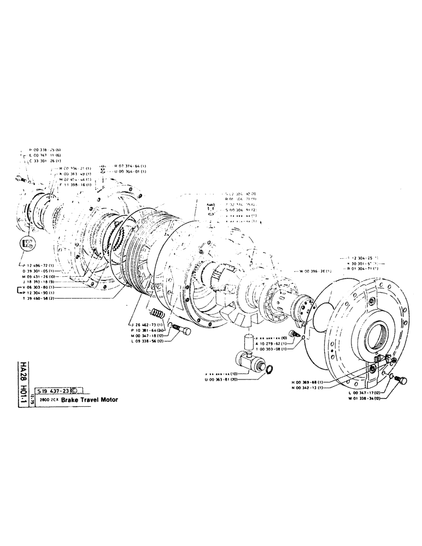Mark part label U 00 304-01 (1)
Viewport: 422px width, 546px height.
tap(131, 171)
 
